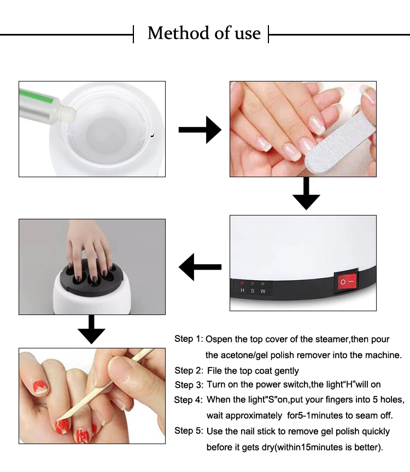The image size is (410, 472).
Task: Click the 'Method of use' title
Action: point(204,33)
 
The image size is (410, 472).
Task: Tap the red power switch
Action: point(347,282)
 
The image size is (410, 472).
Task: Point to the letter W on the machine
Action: point(263,290)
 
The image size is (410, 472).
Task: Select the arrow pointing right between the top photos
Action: point(200,130)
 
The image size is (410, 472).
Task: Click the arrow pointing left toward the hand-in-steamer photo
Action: point(200,267)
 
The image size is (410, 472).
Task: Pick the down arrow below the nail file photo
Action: point(306,194)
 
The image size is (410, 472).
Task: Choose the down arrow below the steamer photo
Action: point(91,330)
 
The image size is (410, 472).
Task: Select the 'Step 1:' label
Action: point(189,339)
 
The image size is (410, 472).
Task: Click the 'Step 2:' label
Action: point(189,371)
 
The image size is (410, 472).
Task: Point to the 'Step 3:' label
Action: point(189,385)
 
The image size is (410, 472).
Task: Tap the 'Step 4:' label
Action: point(189,400)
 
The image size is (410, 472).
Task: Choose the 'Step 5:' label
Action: point(189,431)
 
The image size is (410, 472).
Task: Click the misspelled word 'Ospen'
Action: point(219,339)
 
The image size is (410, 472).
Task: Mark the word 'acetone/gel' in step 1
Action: point(242,356)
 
